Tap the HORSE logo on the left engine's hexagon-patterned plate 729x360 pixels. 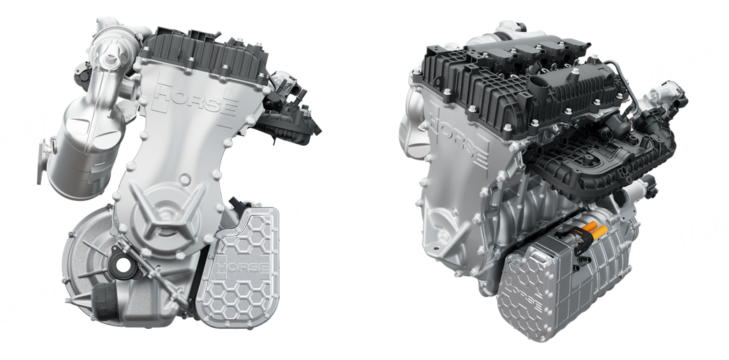click(x=243, y=267)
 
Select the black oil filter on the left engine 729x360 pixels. click(x=105, y=301)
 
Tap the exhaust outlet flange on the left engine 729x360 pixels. click(x=43, y=161)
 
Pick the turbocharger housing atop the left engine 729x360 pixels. click(x=114, y=43)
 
